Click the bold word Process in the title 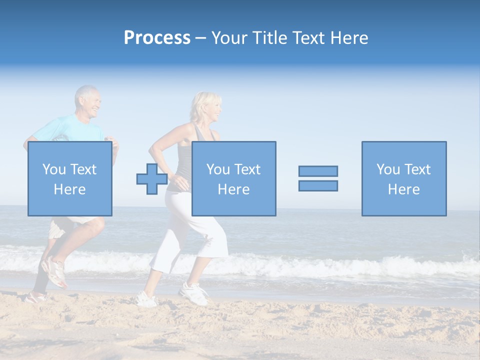tap(157, 38)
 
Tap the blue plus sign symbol tap(152, 178)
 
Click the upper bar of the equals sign tap(318, 171)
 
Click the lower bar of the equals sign tap(318, 185)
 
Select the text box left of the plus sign tap(69, 178)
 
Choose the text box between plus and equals tap(233, 178)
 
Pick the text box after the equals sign tap(403, 178)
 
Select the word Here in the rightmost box tap(403, 189)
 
